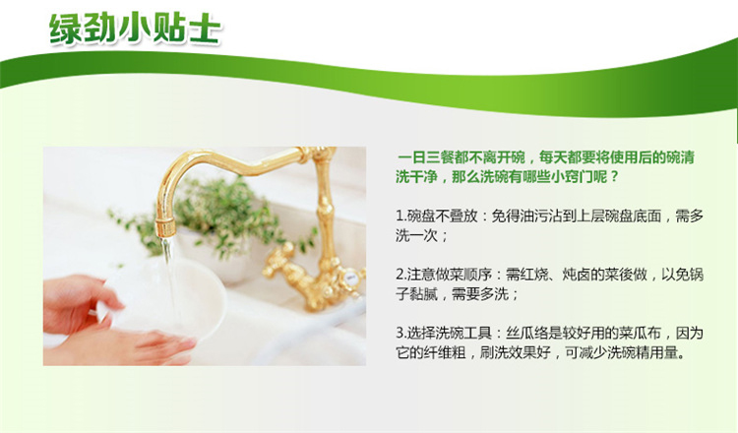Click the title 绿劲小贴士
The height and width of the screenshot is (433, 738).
135,30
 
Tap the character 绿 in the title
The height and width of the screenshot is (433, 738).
66,30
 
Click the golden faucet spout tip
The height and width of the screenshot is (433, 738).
165,227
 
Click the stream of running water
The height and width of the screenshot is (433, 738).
170,282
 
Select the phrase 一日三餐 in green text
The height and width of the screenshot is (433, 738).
426,157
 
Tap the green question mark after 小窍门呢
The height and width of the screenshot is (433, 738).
613,177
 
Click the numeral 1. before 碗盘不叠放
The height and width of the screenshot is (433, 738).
401,216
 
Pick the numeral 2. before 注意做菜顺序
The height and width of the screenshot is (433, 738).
401,275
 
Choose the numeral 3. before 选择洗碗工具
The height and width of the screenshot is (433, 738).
401,334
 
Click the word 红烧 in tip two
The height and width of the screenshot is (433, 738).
534,275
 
